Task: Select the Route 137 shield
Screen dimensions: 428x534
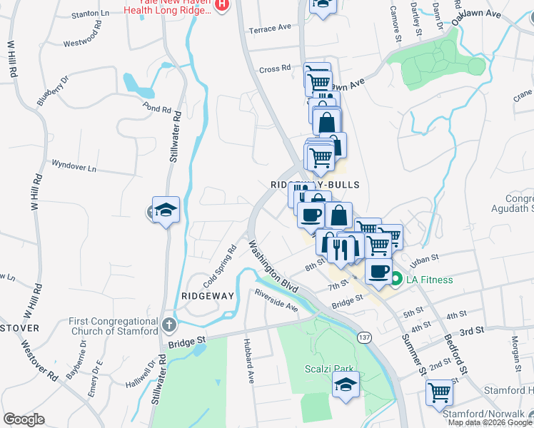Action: click(365, 337)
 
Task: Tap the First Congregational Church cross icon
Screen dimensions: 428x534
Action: click(168, 325)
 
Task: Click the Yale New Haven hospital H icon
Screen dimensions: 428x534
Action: click(222, 4)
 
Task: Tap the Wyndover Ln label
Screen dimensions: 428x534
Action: click(74, 165)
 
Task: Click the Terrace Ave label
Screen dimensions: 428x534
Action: click(270, 28)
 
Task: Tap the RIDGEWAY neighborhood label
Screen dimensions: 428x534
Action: click(208, 294)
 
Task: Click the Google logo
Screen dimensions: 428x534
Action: click(24, 419)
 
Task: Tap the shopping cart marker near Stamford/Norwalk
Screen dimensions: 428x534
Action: click(439, 392)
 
